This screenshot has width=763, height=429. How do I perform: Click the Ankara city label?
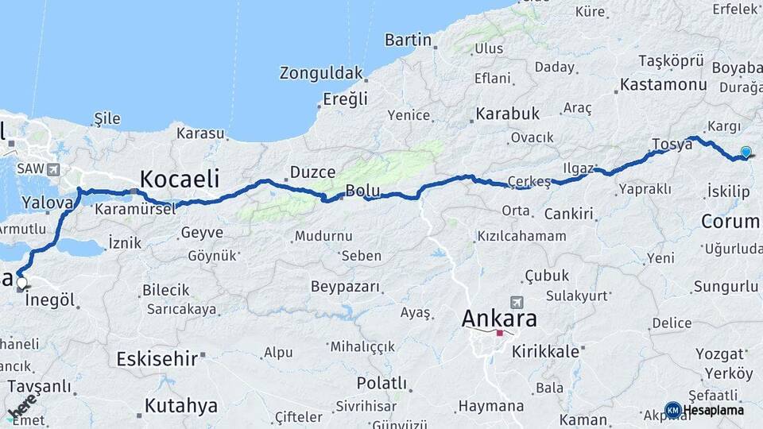click(x=499, y=319)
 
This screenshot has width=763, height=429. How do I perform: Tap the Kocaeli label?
click(x=180, y=178)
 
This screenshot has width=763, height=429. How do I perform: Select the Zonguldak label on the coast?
click(x=321, y=74)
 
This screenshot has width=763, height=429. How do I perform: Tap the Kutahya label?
click(x=180, y=406)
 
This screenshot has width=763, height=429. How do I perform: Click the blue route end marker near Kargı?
click(x=746, y=152)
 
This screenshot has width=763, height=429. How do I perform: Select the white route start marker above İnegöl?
click(x=21, y=282)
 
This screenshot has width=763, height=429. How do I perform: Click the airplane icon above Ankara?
click(x=518, y=303)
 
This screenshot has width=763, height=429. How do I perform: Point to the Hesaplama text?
click(x=715, y=410)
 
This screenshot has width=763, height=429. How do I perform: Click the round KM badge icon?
click(x=672, y=410)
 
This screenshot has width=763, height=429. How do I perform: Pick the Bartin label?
click(x=408, y=40)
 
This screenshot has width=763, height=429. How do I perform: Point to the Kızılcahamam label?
click(x=521, y=236)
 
